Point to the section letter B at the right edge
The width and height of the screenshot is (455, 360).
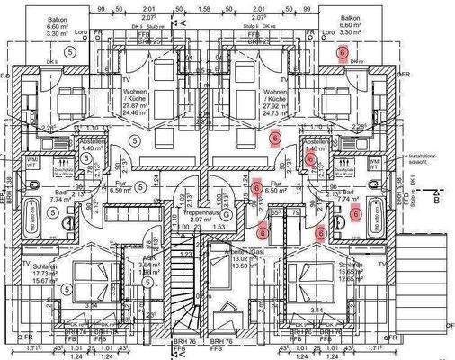[x=437, y=202]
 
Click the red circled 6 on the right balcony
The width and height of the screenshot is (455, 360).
[x=343, y=54]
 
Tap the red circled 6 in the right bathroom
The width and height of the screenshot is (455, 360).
[x=356, y=213]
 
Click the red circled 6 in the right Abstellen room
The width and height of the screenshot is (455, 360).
[x=309, y=159]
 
